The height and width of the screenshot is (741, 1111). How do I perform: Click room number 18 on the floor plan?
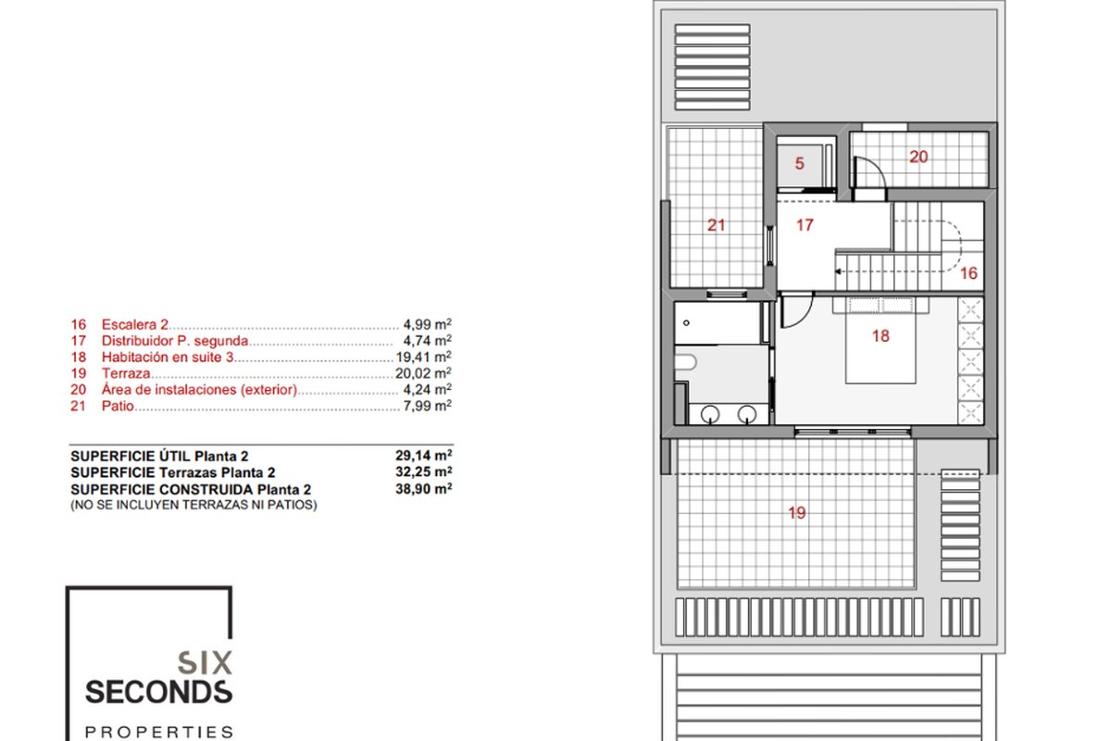[x=880, y=336]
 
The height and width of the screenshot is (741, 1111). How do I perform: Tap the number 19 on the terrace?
[x=797, y=513]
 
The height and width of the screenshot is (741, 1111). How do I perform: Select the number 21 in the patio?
[x=717, y=225]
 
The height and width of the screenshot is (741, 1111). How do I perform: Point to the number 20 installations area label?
[x=918, y=157]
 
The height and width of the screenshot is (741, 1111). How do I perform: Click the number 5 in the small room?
[x=800, y=163]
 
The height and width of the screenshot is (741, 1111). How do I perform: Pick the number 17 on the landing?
[x=805, y=225]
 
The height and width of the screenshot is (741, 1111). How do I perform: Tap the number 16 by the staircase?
[x=968, y=273]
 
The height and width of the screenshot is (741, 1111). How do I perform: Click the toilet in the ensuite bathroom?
[x=685, y=362]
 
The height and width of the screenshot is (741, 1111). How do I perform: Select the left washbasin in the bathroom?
[x=710, y=414]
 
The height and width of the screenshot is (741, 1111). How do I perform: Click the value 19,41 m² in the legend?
[x=424, y=357]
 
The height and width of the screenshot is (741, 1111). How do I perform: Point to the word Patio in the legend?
[x=118, y=406]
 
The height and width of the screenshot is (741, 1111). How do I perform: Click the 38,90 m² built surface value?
[x=424, y=489]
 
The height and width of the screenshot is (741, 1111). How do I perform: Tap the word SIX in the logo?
[x=205, y=663]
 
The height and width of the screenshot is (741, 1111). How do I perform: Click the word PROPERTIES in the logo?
[x=158, y=732]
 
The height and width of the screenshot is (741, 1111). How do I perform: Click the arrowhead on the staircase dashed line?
[x=838, y=271]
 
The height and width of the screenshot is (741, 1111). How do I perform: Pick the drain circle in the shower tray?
[x=686, y=323]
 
